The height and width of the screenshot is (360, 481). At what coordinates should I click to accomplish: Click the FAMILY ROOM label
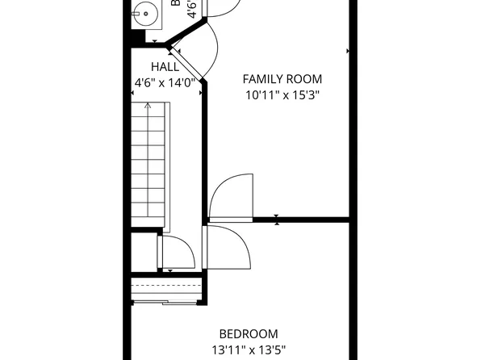click(282, 79)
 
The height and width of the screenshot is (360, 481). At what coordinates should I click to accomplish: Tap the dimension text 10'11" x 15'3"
click(282, 94)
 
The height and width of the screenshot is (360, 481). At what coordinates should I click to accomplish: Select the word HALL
click(165, 67)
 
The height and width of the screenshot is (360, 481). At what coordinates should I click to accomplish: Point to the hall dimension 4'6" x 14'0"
click(165, 82)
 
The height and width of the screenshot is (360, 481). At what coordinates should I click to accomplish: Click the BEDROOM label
click(249, 334)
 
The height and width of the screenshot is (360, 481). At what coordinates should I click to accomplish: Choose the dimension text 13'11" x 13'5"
click(249, 350)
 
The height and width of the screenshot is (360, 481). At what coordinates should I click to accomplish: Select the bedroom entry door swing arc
click(229, 245)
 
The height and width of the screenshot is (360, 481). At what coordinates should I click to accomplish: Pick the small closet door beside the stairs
click(178, 253)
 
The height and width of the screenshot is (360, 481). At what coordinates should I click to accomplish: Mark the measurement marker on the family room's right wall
click(348, 51)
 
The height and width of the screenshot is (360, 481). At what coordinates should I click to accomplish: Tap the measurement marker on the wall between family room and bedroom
click(277, 219)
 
